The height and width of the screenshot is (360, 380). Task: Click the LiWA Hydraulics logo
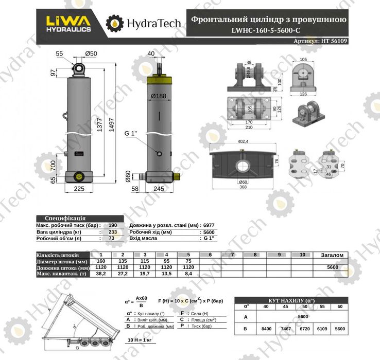click(x=69, y=23)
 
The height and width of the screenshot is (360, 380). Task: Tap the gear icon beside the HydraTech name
click(x=114, y=23)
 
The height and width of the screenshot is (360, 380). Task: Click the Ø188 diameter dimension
click(x=158, y=96)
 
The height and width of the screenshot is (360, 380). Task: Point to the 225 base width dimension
click(x=79, y=188)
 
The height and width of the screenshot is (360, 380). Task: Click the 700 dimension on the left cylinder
click(x=53, y=166)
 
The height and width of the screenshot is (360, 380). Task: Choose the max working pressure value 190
click(x=113, y=226)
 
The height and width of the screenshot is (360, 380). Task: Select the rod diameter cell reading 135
click(x=122, y=261)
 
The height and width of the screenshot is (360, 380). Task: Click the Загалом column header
click(x=332, y=255)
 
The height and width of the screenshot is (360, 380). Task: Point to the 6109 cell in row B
click(x=322, y=328)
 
